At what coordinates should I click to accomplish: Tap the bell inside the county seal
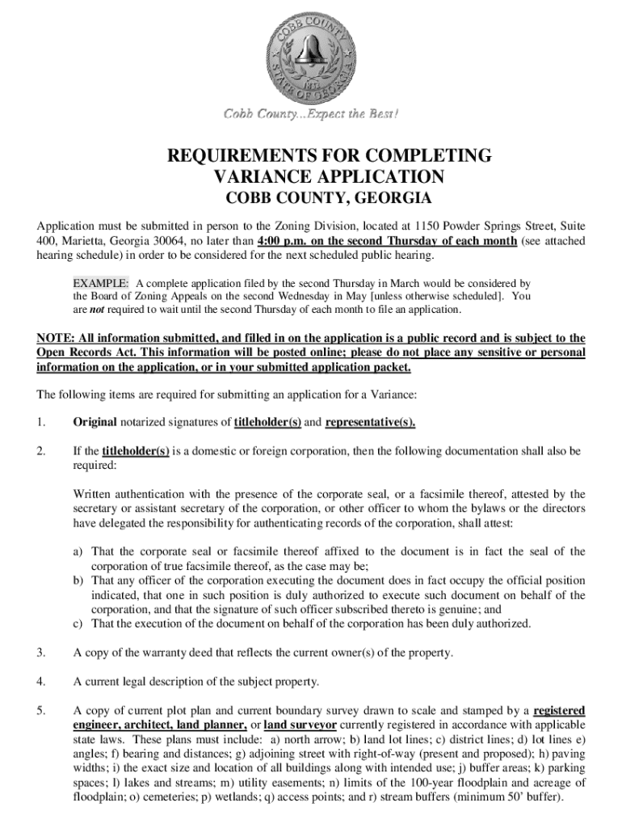[x=310, y=50]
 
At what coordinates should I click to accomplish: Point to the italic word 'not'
[x=99, y=310]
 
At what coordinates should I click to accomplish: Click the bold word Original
[x=95, y=422]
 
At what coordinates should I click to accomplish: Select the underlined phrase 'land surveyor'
[x=300, y=724]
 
